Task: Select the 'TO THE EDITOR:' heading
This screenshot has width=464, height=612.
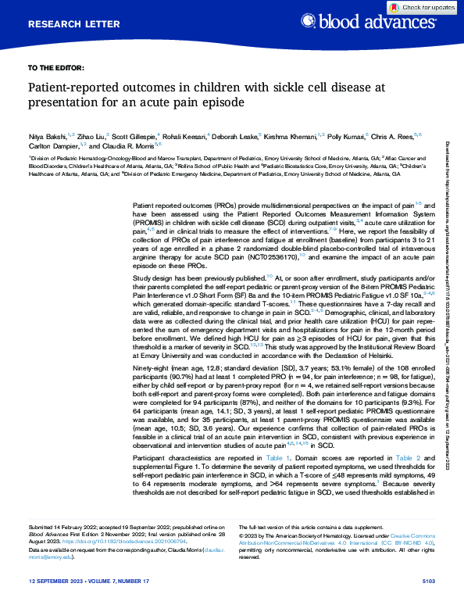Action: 56,68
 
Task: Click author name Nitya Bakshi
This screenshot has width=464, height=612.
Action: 45,135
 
